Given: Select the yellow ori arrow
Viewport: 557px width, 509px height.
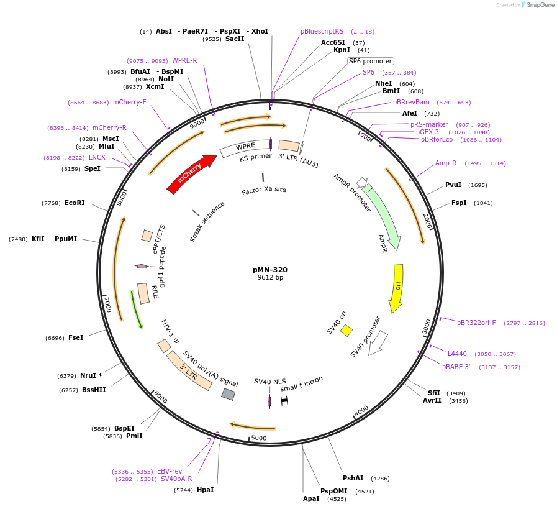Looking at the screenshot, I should click(x=397, y=287).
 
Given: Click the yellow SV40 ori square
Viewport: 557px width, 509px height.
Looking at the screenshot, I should click(x=346, y=330).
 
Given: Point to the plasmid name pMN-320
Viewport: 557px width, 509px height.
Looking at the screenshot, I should click(x=270, y=270).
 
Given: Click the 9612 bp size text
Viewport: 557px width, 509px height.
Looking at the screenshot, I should click(x=270, y=278).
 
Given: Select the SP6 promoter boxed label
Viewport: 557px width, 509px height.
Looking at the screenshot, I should click(x=370, y=61).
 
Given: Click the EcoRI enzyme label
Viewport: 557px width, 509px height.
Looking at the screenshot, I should click(x=75, y=203).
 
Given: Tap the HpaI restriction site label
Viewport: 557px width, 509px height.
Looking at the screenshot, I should click(x=205, y=490).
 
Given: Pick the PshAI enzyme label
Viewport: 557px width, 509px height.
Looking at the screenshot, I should click(x=353, y=478).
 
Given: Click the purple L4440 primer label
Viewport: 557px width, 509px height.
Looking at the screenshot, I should click(x=457, y=354).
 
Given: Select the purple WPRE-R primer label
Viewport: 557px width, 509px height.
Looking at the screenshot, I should click(x=184, y=60).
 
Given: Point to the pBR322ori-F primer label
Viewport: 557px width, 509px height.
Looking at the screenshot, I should click(x=476, y=323).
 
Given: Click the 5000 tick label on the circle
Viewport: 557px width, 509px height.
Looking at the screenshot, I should click(x=259, y=438).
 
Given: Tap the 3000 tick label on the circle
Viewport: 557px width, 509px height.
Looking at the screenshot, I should click(x=427, y=326).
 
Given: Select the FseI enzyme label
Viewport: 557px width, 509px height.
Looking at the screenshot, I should click(x=76, y=337).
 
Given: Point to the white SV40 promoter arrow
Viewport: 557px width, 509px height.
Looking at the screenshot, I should click(x=378, y=343).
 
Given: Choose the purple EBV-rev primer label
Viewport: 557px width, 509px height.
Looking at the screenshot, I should click(x=170, y=471).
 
